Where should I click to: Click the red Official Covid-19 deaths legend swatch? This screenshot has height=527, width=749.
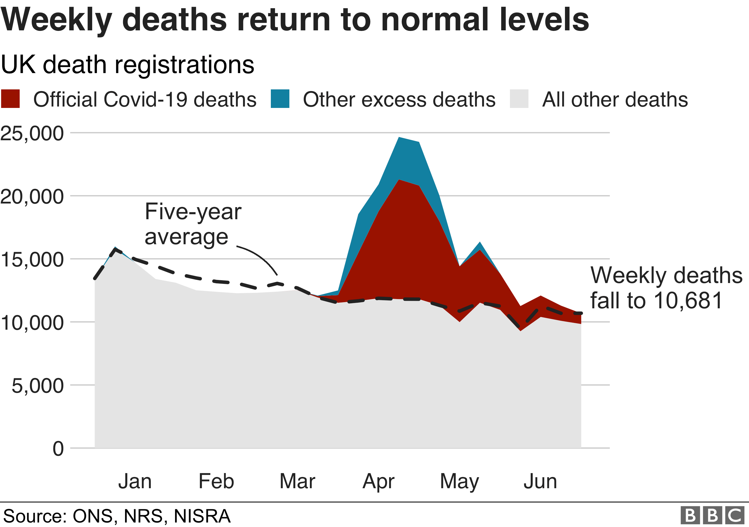10,99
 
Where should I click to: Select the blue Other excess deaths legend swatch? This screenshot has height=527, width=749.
280,99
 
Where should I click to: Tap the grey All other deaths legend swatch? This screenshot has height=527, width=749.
519,99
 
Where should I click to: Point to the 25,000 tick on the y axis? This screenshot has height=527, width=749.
32,134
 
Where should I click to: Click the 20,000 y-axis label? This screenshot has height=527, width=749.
32,196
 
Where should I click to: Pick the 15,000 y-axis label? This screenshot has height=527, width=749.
32,260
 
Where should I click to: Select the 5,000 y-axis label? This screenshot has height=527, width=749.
38,386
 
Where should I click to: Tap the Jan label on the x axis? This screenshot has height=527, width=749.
135,481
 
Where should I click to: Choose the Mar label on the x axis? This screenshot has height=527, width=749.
297,481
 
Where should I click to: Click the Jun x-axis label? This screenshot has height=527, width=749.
540,481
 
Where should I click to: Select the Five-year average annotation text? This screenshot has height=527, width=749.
193,224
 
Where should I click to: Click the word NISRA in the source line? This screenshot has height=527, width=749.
202,516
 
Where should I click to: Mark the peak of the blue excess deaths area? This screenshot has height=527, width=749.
399,138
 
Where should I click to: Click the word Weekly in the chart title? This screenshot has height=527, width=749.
56,20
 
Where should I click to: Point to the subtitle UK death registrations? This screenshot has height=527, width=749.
127,65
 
